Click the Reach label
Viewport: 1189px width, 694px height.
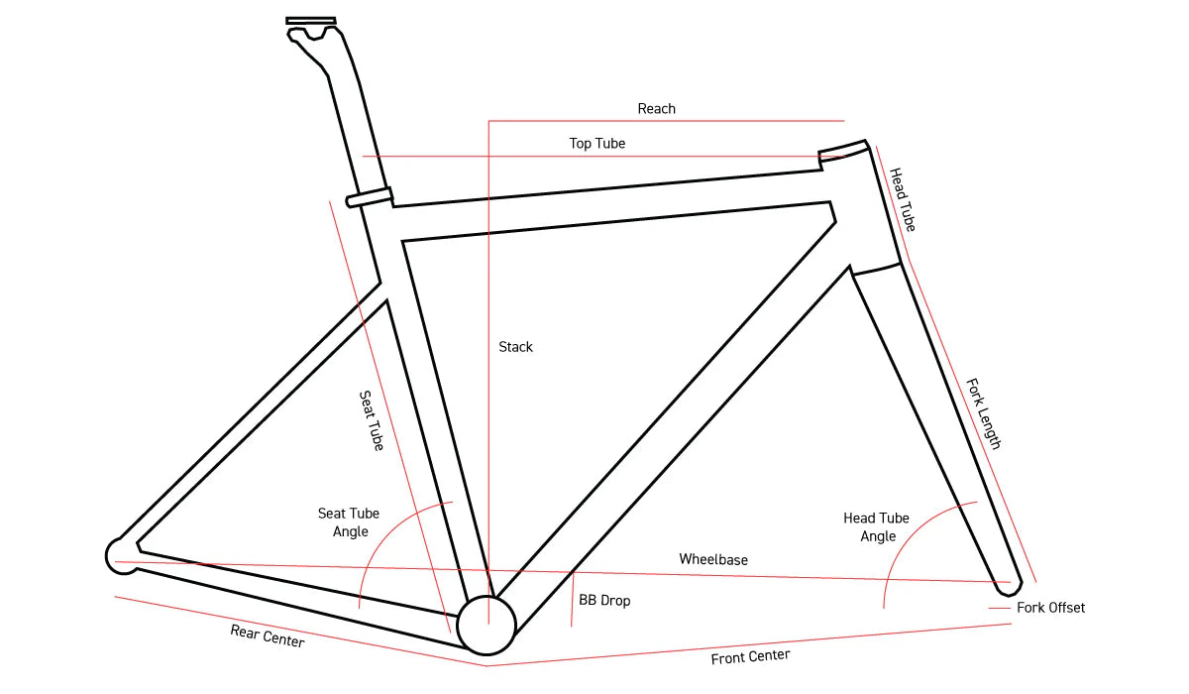(x=656, y=108)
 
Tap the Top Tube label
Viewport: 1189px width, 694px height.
(x=596, y=144)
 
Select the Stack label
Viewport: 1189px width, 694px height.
(x=515, y=347)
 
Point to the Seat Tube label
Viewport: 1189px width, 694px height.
(x=371, y=421)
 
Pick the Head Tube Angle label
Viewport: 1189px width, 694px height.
(x=877, y=527)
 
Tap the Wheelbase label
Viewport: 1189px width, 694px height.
(x=713, y=560)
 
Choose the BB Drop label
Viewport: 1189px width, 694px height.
(x=604, y=601)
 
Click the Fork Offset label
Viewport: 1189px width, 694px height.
(x=1050, y=608)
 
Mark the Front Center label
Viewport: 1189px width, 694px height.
(x=750, y=656)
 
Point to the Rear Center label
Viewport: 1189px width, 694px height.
(x=268, y=636)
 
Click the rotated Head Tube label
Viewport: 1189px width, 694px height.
(x=902, y=199)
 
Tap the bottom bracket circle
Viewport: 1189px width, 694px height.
(x=486, y=626)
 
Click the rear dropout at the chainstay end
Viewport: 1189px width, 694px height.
(x=120, y=555)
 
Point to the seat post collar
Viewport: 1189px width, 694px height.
(x=370, y=196)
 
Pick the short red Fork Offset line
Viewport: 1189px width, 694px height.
(x=1000, y=608)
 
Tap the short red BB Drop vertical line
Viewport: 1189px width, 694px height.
(x=573, y=599)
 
